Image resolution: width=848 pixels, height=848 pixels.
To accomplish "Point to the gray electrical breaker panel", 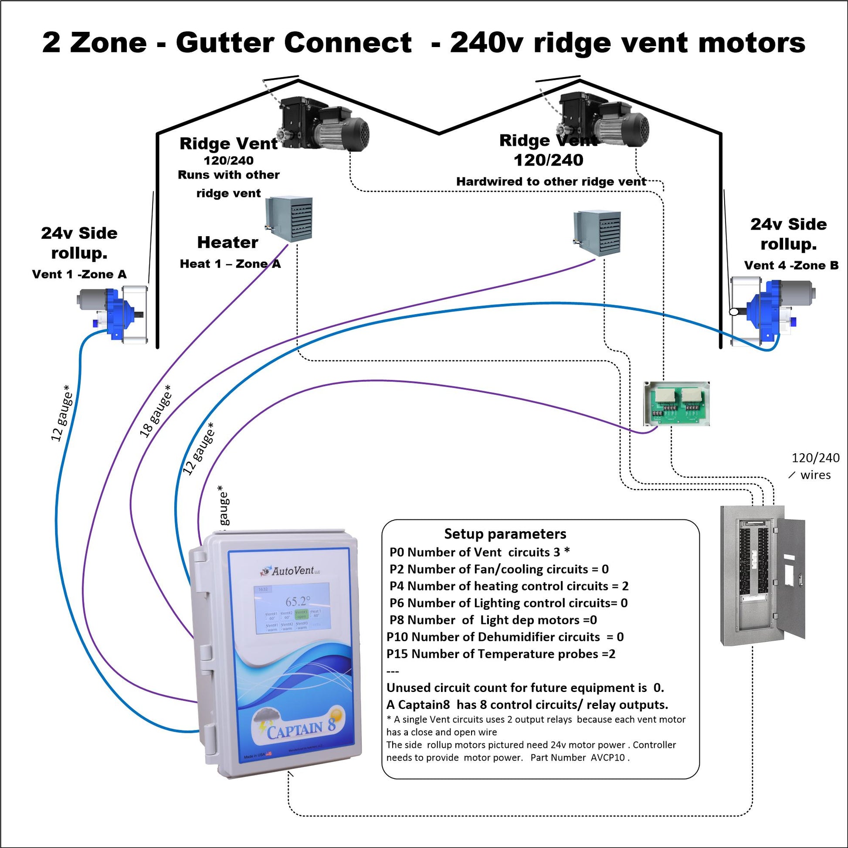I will pyautogui.click(x=763, y=575).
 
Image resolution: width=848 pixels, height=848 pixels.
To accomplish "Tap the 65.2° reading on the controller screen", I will pyautogui.click(x=298, y=601).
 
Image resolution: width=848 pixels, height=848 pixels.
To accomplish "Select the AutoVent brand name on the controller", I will pyautogui.click(x=292, y=571).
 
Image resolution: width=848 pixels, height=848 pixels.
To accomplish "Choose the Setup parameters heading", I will pyautogui.click(x=505, y=534).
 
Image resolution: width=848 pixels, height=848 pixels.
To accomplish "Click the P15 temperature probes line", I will pyautogui.click(x=501, y=654).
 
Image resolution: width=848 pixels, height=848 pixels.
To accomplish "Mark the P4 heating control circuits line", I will pyautogui.click(x=509, y=586).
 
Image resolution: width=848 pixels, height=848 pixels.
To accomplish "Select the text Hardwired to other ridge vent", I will pyautogui.click(x=551, y=182).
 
